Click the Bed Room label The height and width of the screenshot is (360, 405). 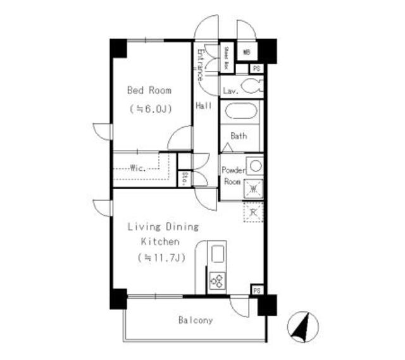pyautogui.click(x=149, y=90)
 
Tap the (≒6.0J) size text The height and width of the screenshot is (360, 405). pyautogui.click(x=149, y=108)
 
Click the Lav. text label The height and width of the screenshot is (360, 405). pyautogui.click(x=230, y=91)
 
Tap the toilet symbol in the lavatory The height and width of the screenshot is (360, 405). pyautogui.click(x=251, y=88)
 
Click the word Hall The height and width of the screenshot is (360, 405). pyautogui.click(x=203, y=106)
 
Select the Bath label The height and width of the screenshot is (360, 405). pyautogui.click(x=239, y=135)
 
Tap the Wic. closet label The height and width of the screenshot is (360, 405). pyautogui.click(x=138, y=168)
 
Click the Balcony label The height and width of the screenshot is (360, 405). pyautogui.click(x=194, y=320)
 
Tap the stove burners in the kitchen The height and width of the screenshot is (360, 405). pyautogui.click(x=217, y=280)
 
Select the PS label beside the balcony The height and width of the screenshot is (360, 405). pyautogui.click(x=257, y=290)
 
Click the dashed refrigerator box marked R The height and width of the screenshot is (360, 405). pyautogui.click(x=252, y=212)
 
